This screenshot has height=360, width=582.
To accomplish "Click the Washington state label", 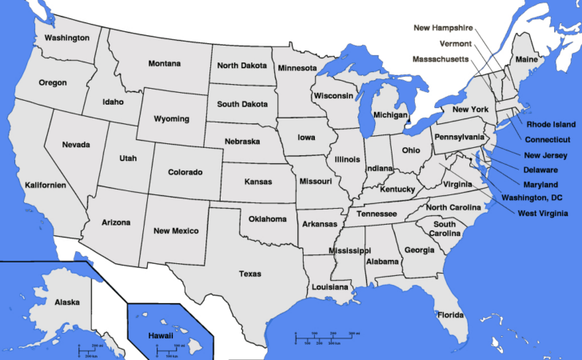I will click(x=66, y=38).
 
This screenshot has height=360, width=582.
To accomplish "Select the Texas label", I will click(x=249, y=274).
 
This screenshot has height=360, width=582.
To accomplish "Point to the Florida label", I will click(x=450, y=314).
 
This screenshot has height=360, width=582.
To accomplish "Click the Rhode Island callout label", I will click(x=550, y=125).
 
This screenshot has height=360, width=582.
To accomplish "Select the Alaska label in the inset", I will click(x=67, y=302).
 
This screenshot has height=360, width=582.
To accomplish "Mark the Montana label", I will click(x=165, y=64).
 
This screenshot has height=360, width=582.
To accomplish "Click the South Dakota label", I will click(x=242, y=104).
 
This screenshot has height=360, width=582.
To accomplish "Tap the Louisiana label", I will click(x=329, y=286).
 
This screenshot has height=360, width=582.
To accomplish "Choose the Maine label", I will click(x=526, y=60).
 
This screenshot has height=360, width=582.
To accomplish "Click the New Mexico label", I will click(x=176, y=231).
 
